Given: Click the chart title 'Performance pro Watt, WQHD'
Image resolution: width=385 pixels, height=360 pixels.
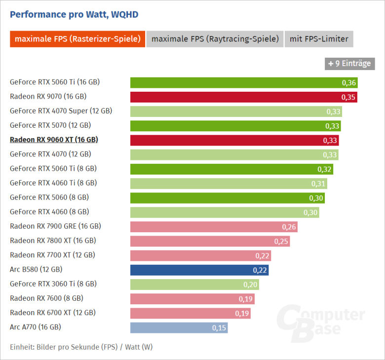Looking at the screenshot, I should [74, 14].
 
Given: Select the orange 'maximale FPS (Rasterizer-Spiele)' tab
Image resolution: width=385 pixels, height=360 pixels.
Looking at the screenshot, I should [77, 39].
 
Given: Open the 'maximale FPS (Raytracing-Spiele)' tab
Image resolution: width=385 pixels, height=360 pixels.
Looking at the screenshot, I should [215, 39].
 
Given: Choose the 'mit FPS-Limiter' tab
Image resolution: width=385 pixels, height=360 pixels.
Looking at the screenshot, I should [319, 39].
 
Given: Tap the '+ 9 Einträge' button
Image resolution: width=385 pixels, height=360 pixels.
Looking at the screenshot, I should [348, 63].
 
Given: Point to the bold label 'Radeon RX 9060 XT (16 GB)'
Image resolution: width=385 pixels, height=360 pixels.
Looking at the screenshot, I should [54, 140].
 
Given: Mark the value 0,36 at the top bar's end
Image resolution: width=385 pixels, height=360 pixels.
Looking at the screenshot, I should [349, 82].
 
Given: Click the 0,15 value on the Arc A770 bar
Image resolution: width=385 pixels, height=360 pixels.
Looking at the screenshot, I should [219, 327].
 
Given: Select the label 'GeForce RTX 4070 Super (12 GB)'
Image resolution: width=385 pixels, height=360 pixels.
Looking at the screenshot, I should [61, 111].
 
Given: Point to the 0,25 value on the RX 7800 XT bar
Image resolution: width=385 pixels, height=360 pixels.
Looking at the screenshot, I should [281, 241].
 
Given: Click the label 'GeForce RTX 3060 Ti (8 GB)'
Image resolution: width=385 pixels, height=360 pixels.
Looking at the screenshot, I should [53, 284].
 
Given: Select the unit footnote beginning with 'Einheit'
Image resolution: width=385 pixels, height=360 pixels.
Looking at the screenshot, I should [81, 347].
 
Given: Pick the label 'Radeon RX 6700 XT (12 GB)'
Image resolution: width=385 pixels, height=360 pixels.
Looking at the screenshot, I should [53, 313].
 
